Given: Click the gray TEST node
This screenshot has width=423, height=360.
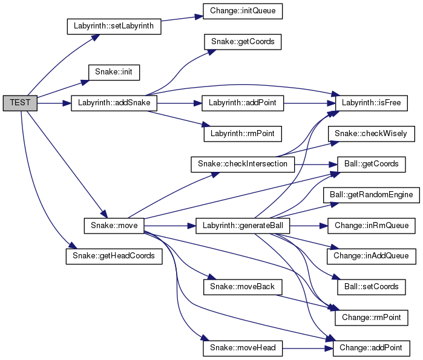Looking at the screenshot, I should [20, 103].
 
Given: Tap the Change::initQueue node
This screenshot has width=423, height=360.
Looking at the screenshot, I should [237, 11].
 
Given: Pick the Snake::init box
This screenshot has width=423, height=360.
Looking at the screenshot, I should [114, 72].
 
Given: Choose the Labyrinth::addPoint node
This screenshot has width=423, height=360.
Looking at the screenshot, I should [242, 103].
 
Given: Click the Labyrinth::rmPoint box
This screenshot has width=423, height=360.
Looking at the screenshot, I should [242, 133].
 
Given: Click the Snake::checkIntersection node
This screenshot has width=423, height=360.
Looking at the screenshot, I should [242, 164].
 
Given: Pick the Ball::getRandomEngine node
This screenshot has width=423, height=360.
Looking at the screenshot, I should [372, 195].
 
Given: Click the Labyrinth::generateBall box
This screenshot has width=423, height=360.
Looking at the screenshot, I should [243, 226].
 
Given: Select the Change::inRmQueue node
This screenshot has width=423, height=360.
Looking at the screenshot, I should [372, 226].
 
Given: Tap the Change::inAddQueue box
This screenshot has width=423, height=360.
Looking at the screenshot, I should [372, 256].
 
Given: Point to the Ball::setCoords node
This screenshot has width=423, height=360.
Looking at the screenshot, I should [372, 286].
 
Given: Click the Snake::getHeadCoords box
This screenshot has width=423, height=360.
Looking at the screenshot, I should [114, 256].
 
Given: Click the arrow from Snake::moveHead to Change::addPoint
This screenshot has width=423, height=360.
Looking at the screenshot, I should [303, 348].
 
